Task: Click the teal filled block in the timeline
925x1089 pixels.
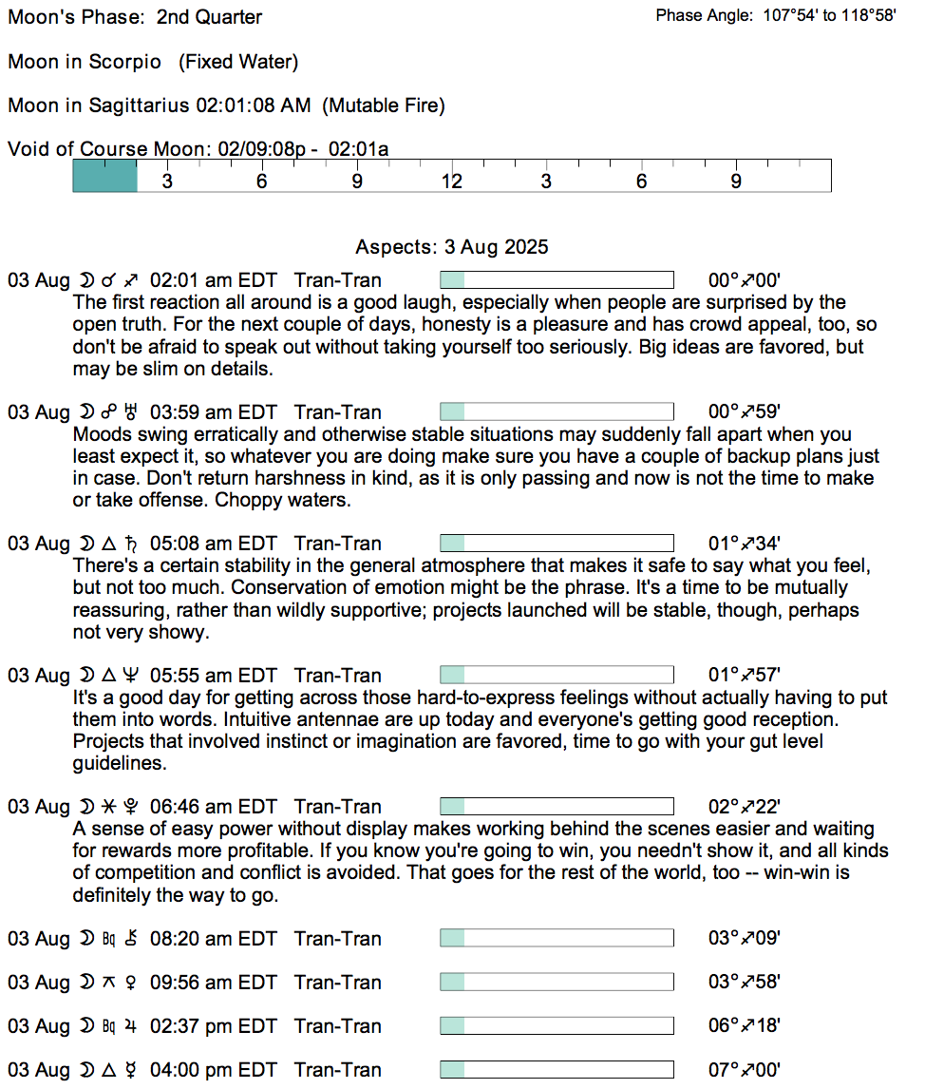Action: (105, 176)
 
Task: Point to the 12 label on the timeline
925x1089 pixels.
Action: (451, 181)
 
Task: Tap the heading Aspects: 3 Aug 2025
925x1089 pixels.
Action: (452, 247)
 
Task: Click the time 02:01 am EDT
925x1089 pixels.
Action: (214, 280)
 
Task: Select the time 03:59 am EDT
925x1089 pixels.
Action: (214, 412)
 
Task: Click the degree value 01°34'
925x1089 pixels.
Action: (745, 544)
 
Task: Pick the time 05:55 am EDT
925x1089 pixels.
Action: (214, 676)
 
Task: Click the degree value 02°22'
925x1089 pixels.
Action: (745, 807)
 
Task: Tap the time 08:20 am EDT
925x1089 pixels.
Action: (214, 939)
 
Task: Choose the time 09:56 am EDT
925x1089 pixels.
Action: (214, 983)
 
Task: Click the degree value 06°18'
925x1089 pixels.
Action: (745, 1026)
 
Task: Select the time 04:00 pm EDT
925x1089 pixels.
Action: (214, 1070)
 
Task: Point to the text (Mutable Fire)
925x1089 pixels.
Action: (384, 105)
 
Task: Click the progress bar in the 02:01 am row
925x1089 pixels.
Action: (557, 280)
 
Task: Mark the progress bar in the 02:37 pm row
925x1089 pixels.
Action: (557, 1026)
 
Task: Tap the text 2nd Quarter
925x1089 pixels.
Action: (209, 17)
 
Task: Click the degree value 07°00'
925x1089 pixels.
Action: (745, 1070)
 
